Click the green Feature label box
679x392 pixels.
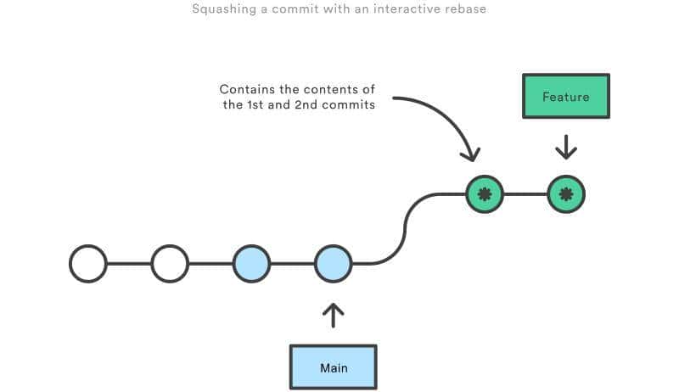coord(566,96)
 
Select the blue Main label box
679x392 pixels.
coord(333,367)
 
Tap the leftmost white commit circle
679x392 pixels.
coord(88,264)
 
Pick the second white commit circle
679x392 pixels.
coord(170,264)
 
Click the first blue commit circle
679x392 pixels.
coord(251,264)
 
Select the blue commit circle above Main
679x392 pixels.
coord(333,264)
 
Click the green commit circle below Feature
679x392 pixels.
coord(566,194)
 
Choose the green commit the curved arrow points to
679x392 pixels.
coord(485,194)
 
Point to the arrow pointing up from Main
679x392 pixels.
coord(333,316)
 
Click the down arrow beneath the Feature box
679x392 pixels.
coord(566,147)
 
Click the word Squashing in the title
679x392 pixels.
coord(221,10)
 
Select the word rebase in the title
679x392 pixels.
coord(466,10)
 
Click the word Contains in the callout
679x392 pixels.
coord(245,89)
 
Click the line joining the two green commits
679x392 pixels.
coord(525,194)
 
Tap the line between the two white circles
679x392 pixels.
coord(129,264)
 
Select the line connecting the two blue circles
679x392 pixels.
coord(292,264)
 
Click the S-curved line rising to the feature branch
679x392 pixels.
coord(406,227)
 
